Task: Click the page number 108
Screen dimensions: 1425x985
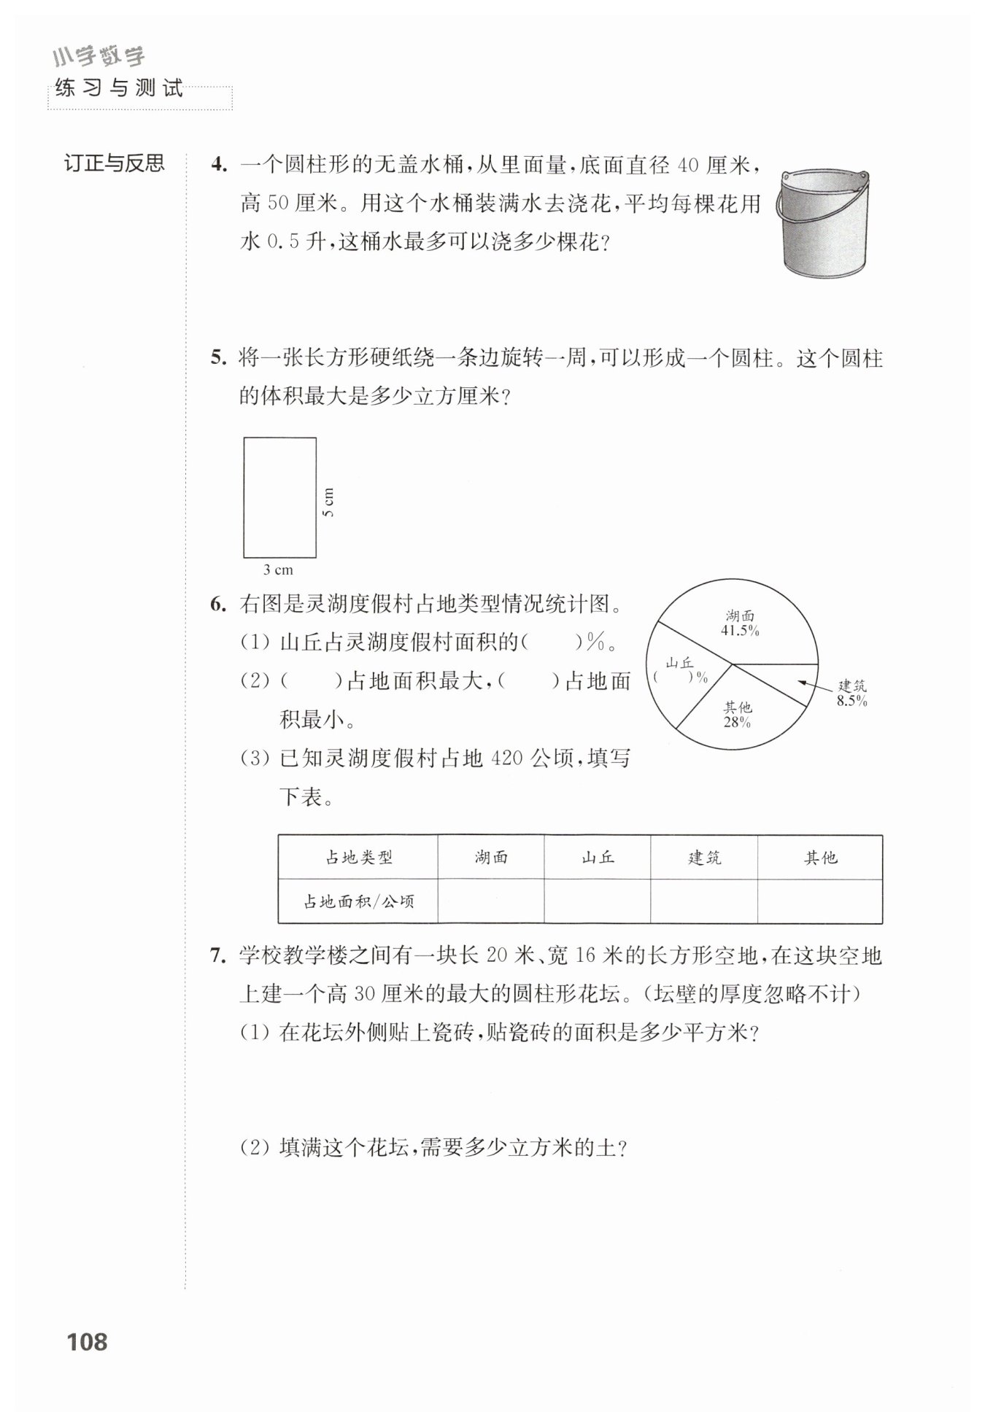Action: coord(87,1341)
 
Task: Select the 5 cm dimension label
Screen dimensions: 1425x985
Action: coord(328,502)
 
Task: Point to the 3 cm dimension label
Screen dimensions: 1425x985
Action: coord(278,570)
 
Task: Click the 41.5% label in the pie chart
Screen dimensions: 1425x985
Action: coord(740,632)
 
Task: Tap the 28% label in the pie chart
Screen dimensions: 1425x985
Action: coord(737,722)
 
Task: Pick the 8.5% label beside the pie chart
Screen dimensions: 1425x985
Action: coord(851,702)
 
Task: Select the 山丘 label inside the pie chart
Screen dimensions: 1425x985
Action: coord(680,662)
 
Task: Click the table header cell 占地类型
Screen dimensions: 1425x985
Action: coord(358,858)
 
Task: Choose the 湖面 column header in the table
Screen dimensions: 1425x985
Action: coord(490,858)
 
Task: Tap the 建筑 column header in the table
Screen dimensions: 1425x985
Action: coord(704,858)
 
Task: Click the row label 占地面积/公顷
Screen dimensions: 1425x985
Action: coord(358,902)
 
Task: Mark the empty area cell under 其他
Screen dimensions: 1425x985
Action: coord(819,902)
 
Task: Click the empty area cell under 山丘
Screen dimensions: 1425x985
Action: coord(597,902)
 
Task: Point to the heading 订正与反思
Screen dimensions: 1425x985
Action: coord(115,163)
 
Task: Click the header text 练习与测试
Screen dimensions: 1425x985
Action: coord(119,89)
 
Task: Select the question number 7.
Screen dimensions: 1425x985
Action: coord(218,956)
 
